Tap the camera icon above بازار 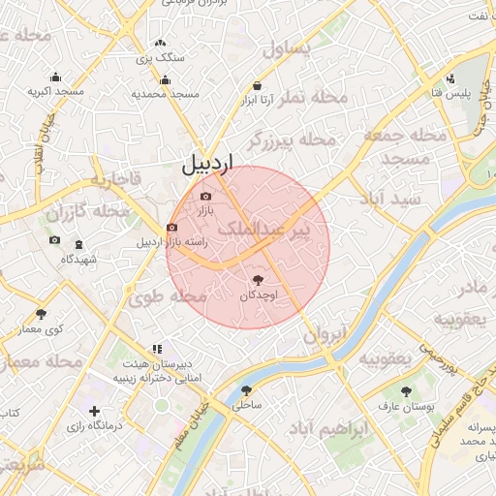pyautogui.click(x=204, y=197)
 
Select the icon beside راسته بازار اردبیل pyautogui.click(x=172, y=229)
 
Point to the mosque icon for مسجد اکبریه pyautogui.click(x=55, y=77)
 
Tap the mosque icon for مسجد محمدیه pyautogui.click(x=166, y=80)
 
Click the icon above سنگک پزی pyautogui.click(x=160, y=44)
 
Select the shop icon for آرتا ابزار pyautogui.click(x=257, y=84)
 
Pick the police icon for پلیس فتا pyautogui.click(x=450, y=78)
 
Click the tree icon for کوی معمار pyautogui.click(x=41, y=314)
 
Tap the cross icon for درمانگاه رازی pyautogui.click(x=94, y=412)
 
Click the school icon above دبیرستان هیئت pyautogui.click(x=156, y=349)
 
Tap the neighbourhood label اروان pyautogui.click(x=325, y=335)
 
